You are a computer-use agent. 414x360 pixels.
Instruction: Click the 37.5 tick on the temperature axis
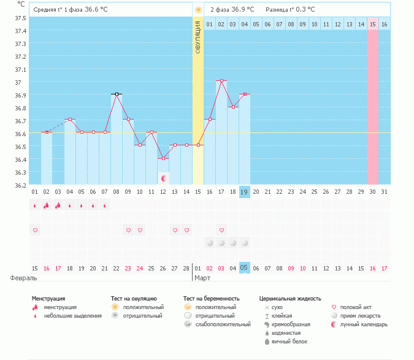20,18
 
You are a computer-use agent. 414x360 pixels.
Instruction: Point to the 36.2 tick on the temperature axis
20,185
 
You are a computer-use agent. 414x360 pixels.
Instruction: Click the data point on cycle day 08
116,94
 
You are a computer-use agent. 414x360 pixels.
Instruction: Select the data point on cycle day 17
221,81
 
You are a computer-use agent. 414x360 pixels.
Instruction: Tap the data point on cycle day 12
164,158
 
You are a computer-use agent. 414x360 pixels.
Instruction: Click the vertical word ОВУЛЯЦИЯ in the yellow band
198,37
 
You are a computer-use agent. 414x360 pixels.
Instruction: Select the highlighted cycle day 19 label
244,192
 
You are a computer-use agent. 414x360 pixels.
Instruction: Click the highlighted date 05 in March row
244,268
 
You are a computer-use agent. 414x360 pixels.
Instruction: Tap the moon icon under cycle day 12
164,178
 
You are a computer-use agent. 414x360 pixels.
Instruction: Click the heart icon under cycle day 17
221,230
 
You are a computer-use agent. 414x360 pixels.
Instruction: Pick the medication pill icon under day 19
245,243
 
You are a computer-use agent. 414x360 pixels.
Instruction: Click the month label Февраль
23,278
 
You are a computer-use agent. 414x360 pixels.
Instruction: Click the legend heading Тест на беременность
211,299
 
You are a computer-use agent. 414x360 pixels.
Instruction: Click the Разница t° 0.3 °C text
290,9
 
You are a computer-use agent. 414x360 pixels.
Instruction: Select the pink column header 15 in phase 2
372,24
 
